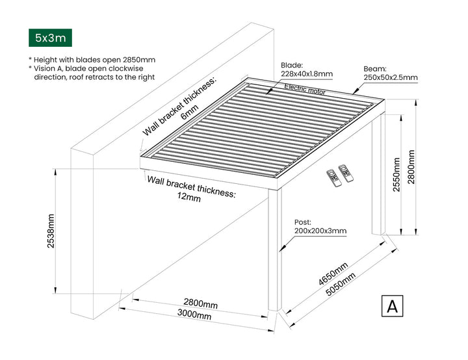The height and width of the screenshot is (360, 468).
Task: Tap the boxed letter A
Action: pos(392,306)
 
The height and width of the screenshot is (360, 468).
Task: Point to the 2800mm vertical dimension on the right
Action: pos(411,166)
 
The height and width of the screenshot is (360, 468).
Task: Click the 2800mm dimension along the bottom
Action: pos(200,303)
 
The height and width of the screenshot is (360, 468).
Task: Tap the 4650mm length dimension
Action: pos(333,274)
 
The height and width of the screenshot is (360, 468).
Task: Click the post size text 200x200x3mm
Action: pos(320,231)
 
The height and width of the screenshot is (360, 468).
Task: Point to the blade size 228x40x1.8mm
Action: pos(307,74)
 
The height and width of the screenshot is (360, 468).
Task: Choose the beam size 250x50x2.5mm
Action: pos(390,77)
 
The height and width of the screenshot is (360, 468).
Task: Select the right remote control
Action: pos(346,173)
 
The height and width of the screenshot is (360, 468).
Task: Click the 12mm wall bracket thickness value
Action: pos(190,198)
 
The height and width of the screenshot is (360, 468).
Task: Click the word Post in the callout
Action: pos(303,222)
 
